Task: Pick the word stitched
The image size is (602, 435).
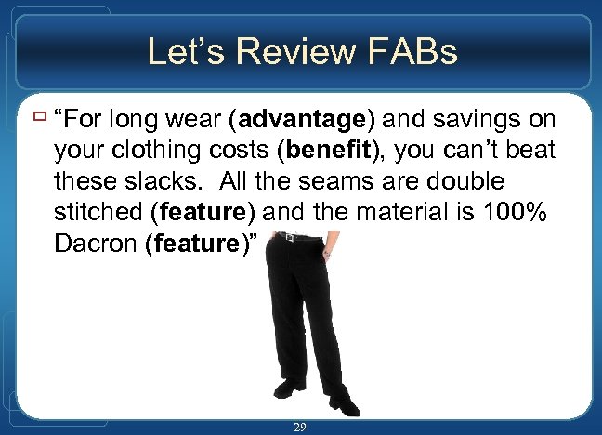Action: click(x=98, y=212)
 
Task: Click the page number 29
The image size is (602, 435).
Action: click(x=300, y=427)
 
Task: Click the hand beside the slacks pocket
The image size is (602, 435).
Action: click(x=325, y=250)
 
